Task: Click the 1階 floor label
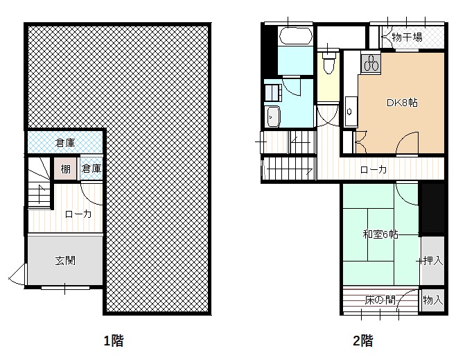(x=114, y=341)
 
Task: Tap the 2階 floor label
(x=362, y=341)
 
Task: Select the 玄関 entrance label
(x=65, y=260)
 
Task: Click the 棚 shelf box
(x=65, y=169)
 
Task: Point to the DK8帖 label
(x=402, y=103)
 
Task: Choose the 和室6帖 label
(x=380, y=234)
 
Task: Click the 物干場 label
(x=407, y=37)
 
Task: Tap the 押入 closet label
(x=433, y=261)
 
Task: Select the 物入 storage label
(x=433, y=300)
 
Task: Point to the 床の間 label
(x=380, y=300)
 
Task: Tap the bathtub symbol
(x=296, y=36)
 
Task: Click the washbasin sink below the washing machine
(x=272, y=117)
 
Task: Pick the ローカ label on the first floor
(x=78, y=214)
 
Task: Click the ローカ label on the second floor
(x=374, y=169)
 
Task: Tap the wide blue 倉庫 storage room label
(x=65, y=142)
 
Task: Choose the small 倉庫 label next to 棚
(x=91, y=169)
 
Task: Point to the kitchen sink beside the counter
(x=351, y=111)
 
